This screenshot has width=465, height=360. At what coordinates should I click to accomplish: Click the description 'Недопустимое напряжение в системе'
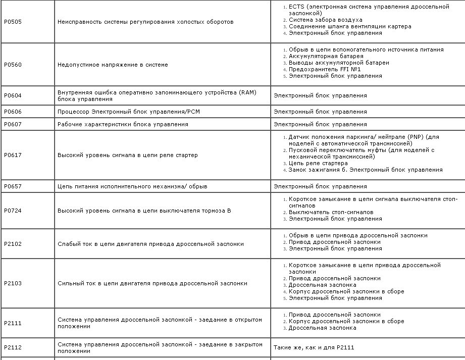pyautogui.click(x=113, y=65)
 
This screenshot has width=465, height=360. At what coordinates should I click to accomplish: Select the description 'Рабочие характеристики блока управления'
pyautogui.click(x=123, y=124)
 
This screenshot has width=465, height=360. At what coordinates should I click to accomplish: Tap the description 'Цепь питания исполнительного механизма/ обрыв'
pyautogui.click(x=132, y=186)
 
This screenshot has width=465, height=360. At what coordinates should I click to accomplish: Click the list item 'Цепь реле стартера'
pyautogui.click(x=318, y=163)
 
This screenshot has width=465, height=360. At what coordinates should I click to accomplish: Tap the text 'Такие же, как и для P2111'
pyautogui.click(x=318, y=347)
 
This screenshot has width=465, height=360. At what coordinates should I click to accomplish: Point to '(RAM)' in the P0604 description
pyautogui.click(x=247, y=92)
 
